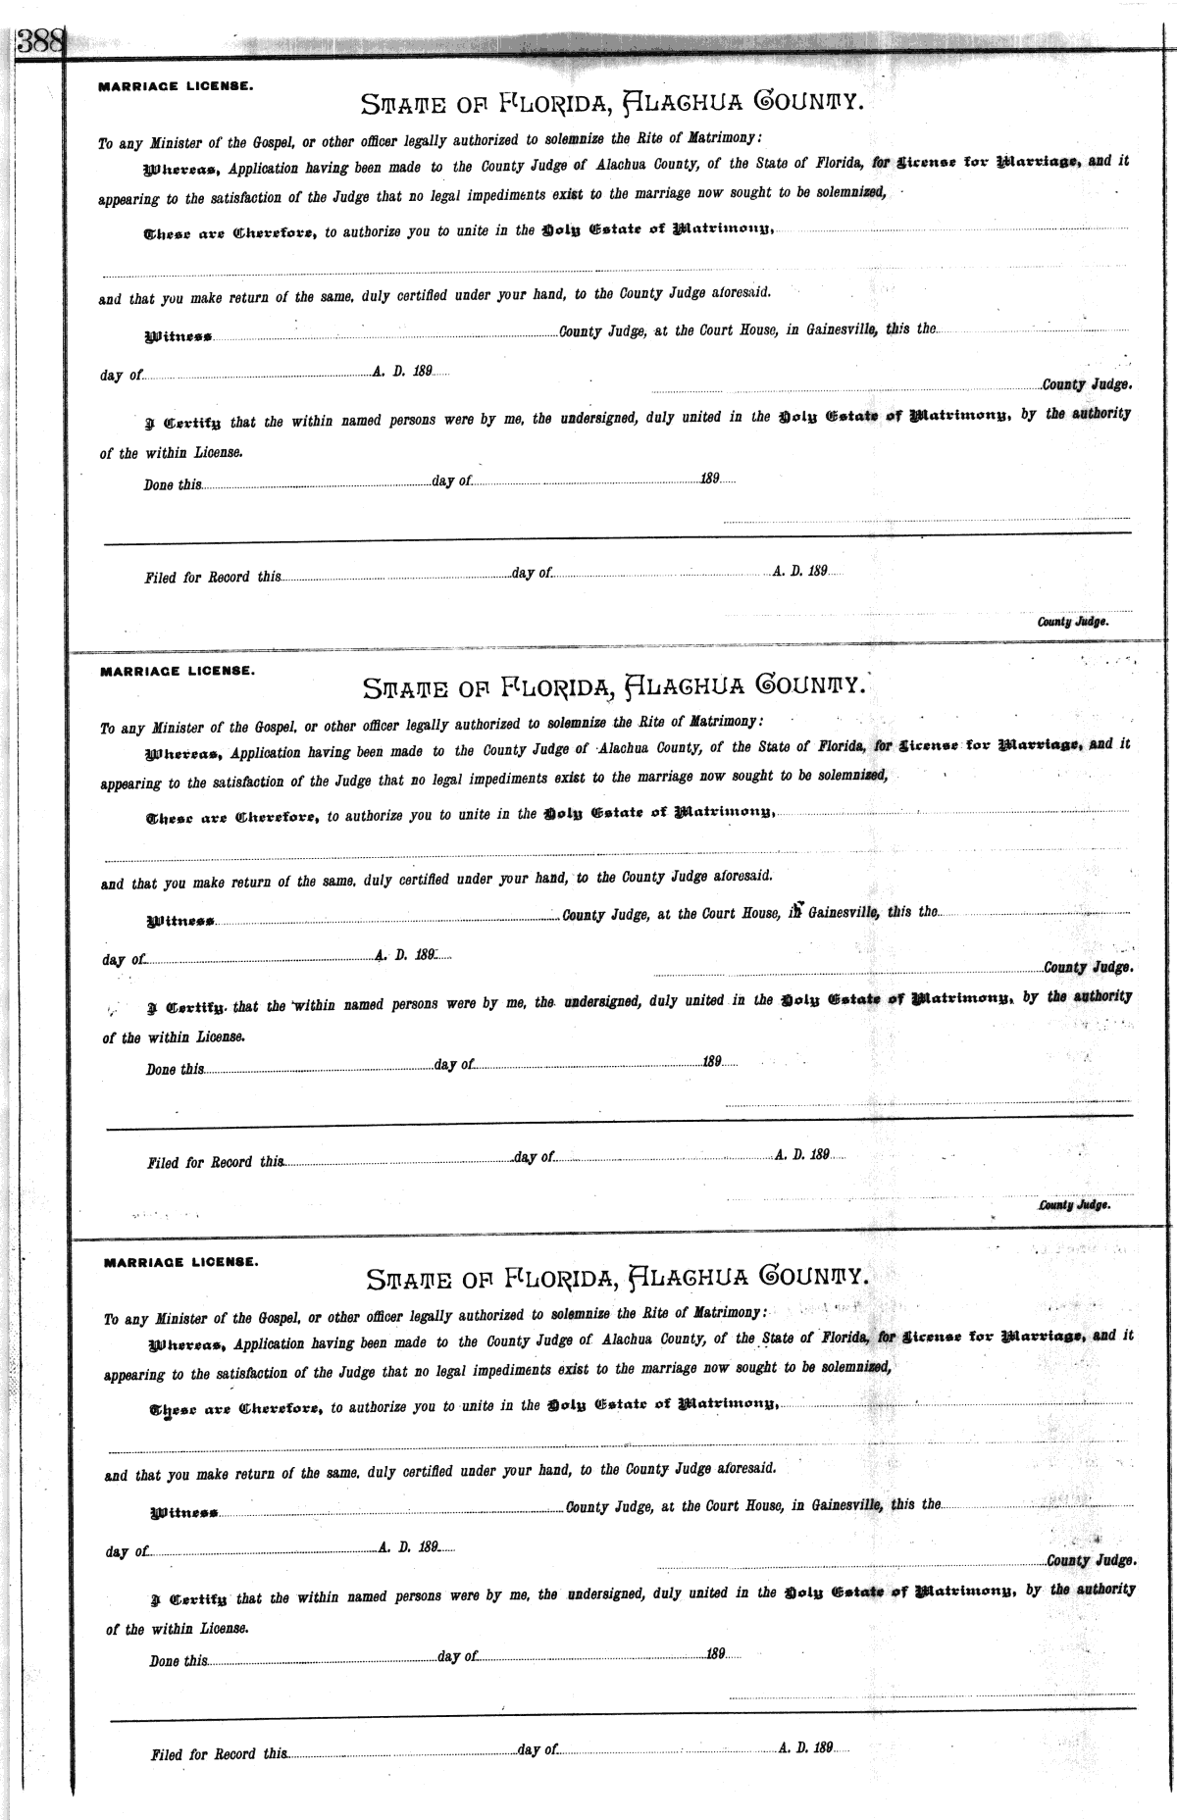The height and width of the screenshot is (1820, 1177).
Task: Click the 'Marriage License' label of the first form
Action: click(176, 86)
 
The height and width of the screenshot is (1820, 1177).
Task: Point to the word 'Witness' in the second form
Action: click(180, 922)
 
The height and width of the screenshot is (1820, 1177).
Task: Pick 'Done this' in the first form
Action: click(173, 484)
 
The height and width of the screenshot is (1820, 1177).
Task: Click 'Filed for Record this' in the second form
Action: click(216, 1163)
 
